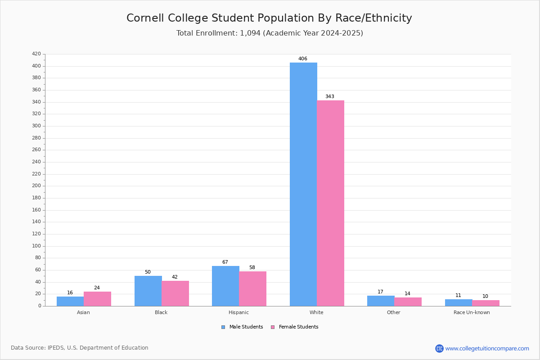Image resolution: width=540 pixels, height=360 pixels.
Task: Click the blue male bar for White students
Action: tap(303, 184)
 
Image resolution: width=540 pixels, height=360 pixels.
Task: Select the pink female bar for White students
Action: tap(330, 203)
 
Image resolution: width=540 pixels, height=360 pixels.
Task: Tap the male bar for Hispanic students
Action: tap(225, 286)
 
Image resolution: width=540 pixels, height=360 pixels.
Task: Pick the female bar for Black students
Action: tap(175, 293)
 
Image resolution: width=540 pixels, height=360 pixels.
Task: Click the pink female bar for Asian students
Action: tap(97, 299)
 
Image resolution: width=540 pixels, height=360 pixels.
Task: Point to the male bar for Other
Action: tap(381, 301)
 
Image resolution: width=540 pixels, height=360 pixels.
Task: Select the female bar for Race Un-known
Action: tap(486, 303)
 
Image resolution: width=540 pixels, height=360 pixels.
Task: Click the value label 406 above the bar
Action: tap(303, 59)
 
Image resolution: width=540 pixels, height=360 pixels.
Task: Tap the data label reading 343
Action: tap(330, 97)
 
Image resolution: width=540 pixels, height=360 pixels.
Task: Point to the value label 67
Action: tap(225, 262)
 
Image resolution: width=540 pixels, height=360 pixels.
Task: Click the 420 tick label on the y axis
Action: tap(36, 54)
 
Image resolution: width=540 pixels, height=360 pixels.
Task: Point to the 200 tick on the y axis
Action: tap(36, 186)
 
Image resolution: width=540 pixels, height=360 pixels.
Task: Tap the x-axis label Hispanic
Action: tap(238, 312)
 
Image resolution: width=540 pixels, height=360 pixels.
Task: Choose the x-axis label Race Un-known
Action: tap(472, 312)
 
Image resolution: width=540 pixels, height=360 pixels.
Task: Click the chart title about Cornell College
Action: tap(269, 18)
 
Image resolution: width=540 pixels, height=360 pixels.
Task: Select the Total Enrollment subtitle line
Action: tap(270, 33)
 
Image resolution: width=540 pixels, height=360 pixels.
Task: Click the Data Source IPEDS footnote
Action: tap(80, 348)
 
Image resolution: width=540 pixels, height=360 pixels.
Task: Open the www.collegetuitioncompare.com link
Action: tap(487, 348)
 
